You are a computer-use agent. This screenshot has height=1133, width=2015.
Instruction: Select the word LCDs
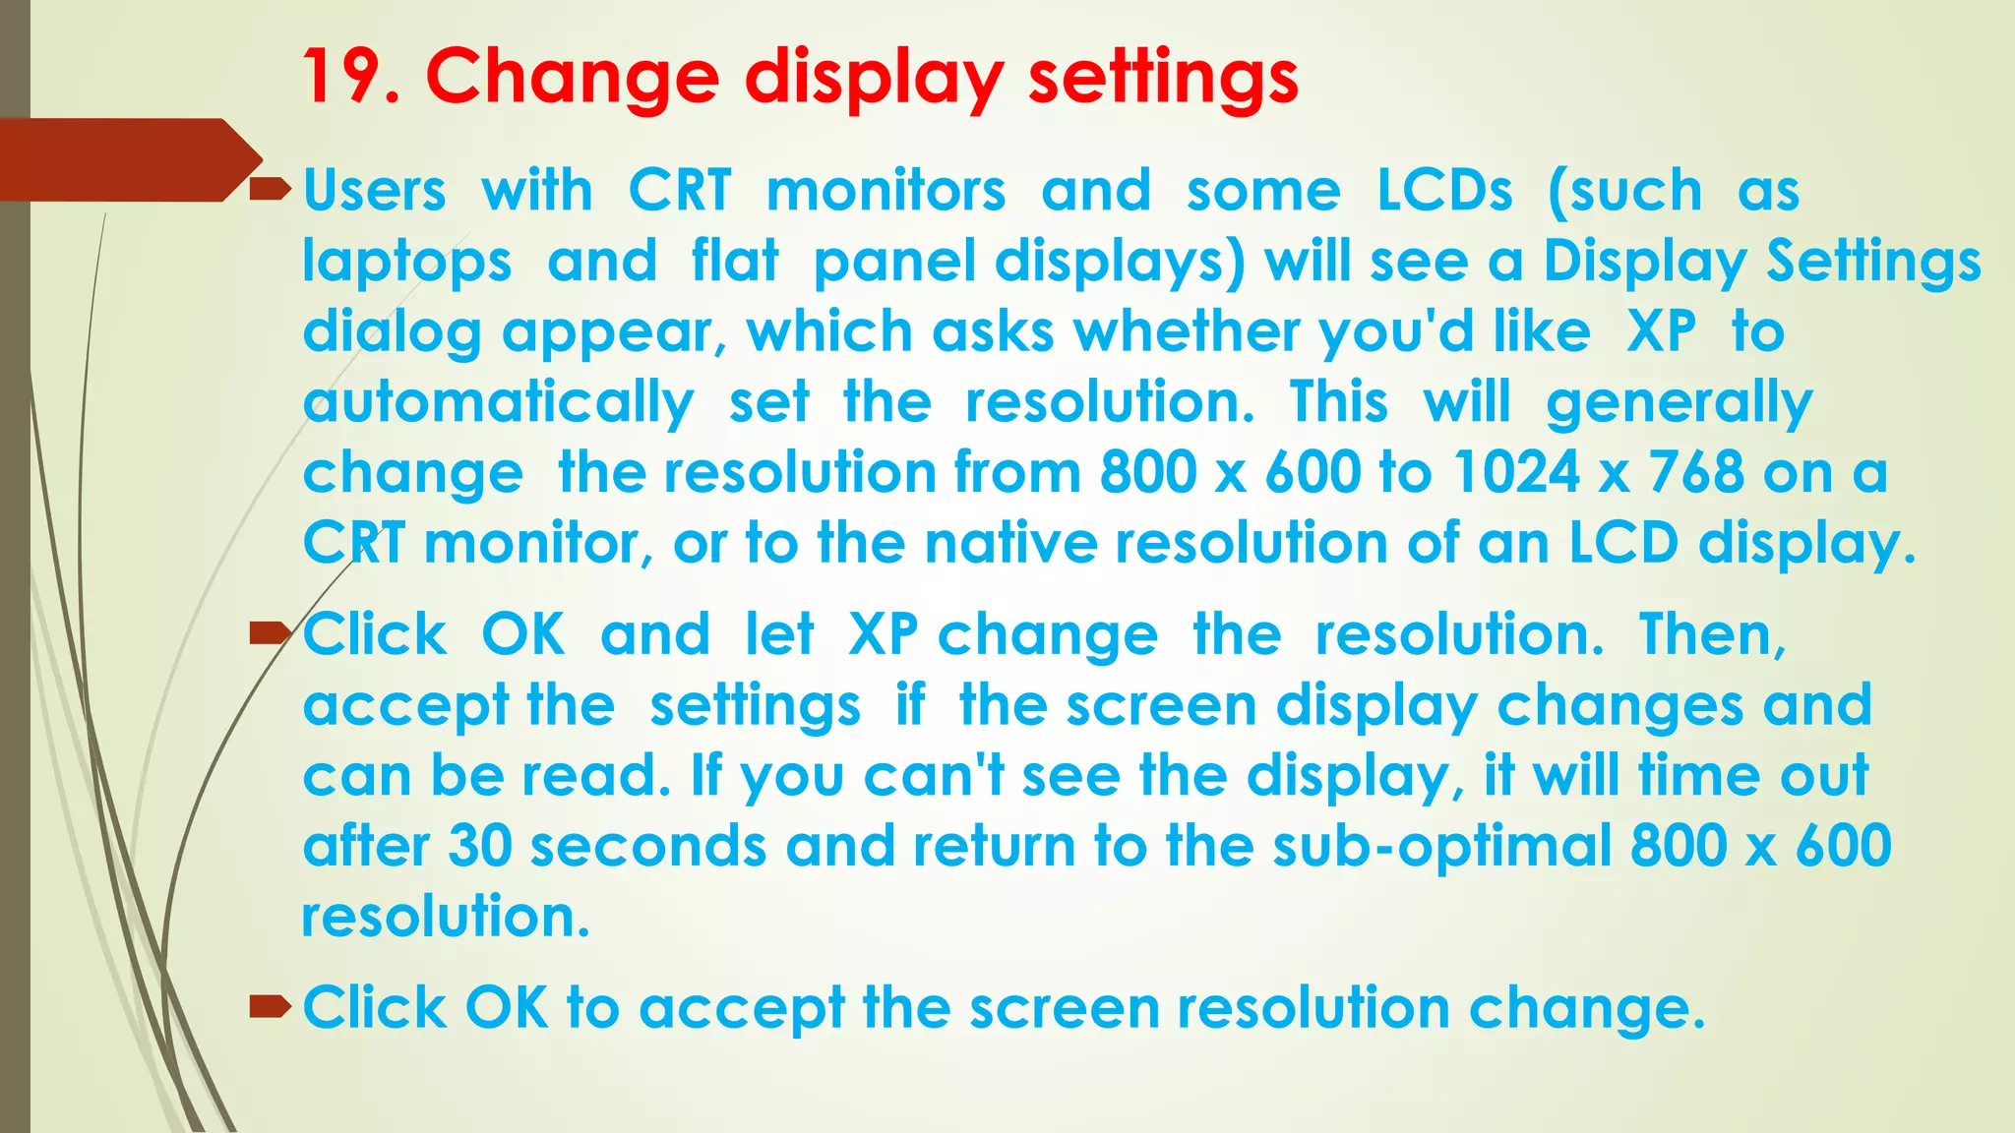coord(1444,190)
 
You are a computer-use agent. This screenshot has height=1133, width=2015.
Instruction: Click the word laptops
coord(407,263)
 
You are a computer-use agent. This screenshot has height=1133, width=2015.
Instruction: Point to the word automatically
coord(498,403)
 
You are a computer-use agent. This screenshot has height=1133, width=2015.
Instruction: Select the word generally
coord(1679,403)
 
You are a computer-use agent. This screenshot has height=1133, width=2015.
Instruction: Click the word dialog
coord(392,332)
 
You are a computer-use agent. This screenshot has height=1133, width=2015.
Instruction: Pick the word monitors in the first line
coord(885,190)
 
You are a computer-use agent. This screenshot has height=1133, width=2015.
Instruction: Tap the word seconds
coord(647,846)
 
